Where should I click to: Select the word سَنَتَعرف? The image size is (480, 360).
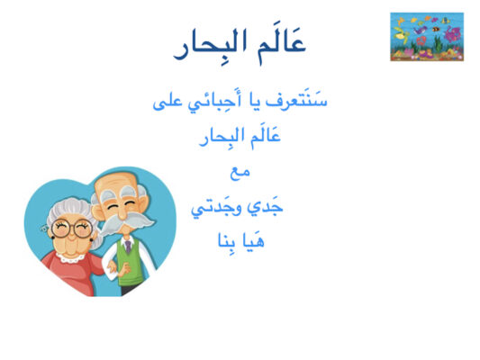click(x=296, y=100)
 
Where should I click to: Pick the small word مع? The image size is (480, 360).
click(x=240, y=172)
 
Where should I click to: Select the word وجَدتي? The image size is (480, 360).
click(x=216, y=208)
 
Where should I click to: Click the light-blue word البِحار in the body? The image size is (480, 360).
click(x=218, y=139)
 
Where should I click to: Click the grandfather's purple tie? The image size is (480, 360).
click(x=128, y=247)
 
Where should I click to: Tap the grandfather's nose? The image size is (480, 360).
click(x=122, y=212)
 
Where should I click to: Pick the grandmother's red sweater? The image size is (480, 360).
click(x=74, y=274)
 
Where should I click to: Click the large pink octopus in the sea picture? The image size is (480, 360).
click(x=452, y=33)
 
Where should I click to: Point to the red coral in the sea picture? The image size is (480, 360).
click(x=421, y=40)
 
